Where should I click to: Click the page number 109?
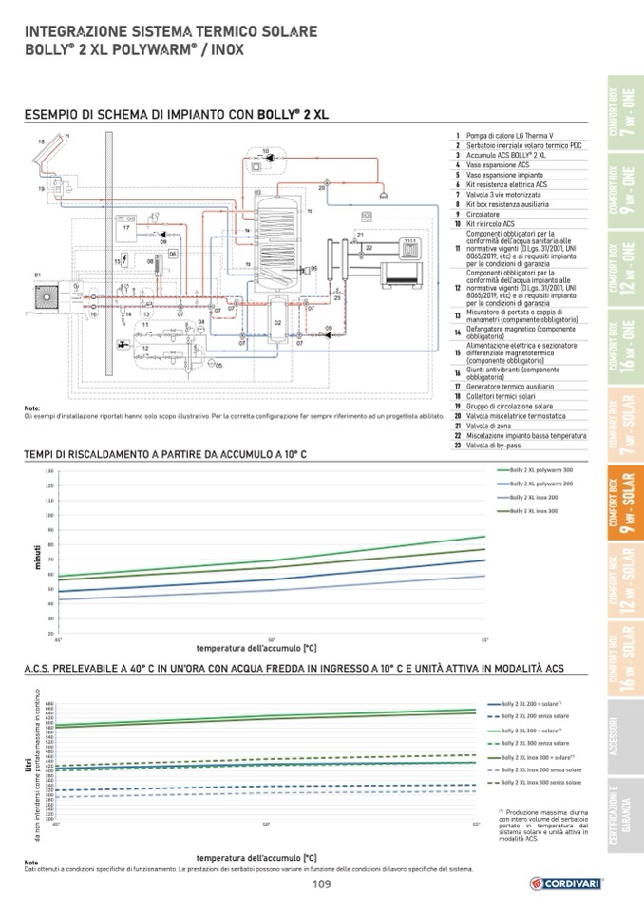322,883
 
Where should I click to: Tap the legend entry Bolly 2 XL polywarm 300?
541,470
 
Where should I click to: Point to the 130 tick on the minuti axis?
48,471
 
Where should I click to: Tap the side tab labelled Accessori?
622,737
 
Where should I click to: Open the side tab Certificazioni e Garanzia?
622,816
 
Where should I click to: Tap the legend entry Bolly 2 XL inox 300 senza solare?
540,782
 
